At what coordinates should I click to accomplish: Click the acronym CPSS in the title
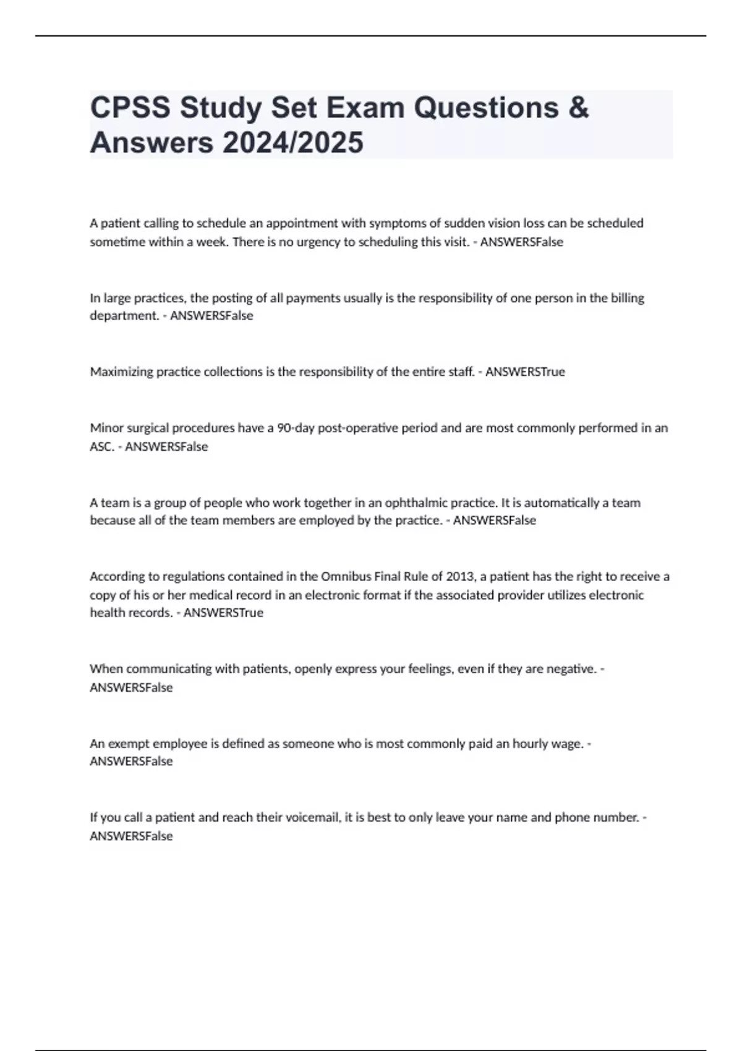pos(130,108)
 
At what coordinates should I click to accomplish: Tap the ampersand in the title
pos(578,108)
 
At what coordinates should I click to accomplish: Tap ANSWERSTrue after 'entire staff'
pos(525,372)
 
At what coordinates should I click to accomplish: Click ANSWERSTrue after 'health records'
pos(223,613)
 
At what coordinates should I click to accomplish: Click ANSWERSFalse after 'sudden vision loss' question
pos(522,242)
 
